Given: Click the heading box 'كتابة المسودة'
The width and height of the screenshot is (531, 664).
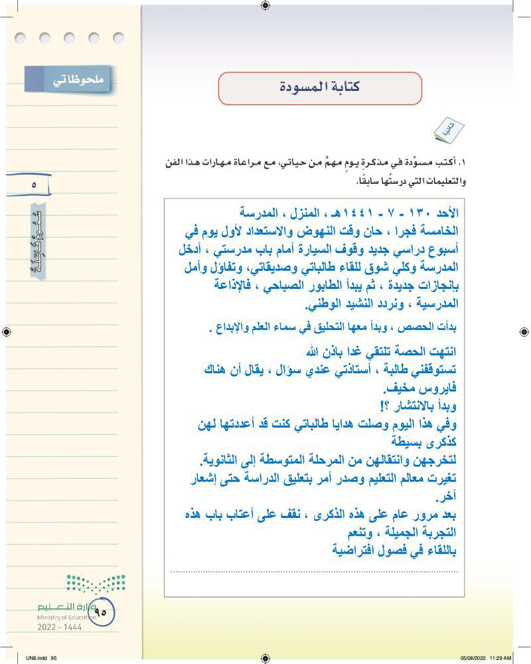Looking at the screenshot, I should click(x=320, y=88).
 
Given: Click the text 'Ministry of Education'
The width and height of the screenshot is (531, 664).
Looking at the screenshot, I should click(x=66, y=617).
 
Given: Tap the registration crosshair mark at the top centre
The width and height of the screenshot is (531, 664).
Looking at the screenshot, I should click(x=265, y=6).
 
